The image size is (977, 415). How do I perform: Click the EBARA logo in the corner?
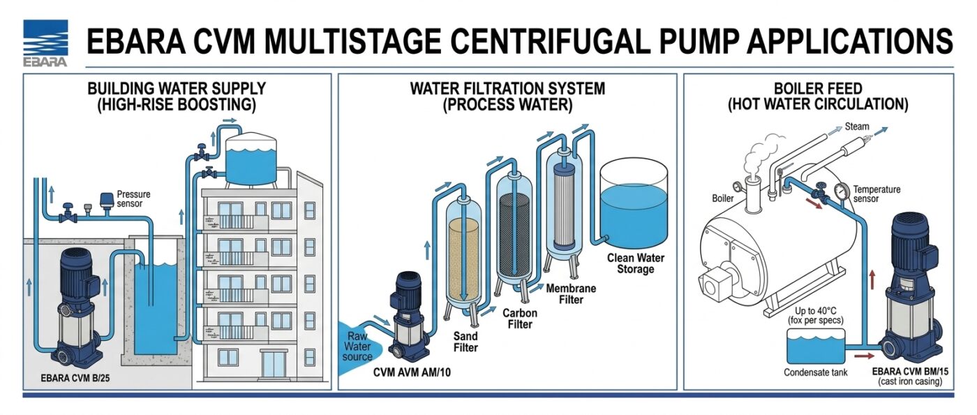pyautogui.click(x=45, y=43)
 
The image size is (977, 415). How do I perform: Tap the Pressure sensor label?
pyautogui.click(x=133, y=198)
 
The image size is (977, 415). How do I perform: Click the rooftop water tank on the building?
pyautogui.click(x=251, y=159)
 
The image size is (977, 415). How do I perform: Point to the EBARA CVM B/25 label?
pyautogui.click(x=75, y=378)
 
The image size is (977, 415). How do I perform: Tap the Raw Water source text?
pyautogui.click(x=357, y=347)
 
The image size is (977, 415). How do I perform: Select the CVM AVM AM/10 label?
pyautogui.click(x=412, y=372)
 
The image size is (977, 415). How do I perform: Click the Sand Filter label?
pyautogui.click(x=465, y=342)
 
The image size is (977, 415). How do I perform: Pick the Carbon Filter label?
pyautogui.click(x=520, y=319)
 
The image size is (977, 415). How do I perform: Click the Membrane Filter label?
pyautogui.click(x=571, y=294)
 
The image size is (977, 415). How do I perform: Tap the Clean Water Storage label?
pyautogui.click(x=636, y=263)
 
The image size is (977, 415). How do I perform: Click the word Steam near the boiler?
pyautogui.click(x=857, y=126)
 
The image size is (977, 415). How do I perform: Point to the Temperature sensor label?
pyautogui.click(x=877, y=194)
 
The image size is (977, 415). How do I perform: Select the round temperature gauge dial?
pyautogui.click(x=840, y=191)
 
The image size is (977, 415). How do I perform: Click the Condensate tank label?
pyautogui.click(x=816, y=372)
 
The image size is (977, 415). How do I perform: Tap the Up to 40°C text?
pyautogui.click(x=815, y=311)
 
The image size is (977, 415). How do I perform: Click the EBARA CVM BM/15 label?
pyautogui.click(x=909, y=372)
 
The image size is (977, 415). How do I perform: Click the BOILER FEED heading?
pyautogui.click(x=818, y=89)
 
